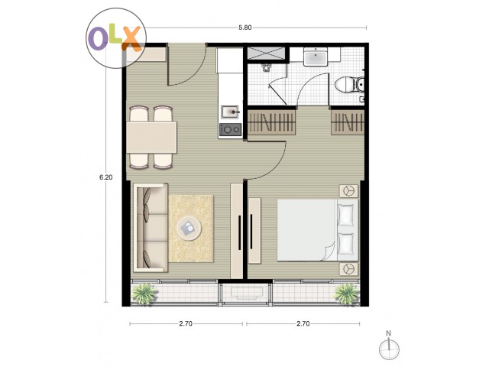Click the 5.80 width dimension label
244,28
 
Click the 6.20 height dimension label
105,177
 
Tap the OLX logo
116,38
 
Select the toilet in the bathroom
349,85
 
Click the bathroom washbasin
316,57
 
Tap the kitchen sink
231,112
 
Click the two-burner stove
230,129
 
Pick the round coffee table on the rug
189,228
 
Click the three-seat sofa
151,228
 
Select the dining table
151,137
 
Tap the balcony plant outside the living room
144,294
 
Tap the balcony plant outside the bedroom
346,294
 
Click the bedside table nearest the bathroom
348,190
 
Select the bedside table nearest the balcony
348,269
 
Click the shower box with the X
266,53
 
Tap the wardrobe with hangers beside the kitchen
271,122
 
